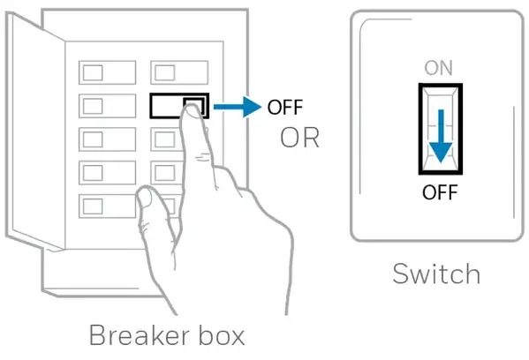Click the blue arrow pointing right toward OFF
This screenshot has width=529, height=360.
238,107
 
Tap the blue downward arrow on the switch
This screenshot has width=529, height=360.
441,136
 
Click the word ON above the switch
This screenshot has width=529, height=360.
439,68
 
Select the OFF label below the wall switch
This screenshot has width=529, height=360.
440,192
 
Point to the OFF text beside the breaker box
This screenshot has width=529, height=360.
285,107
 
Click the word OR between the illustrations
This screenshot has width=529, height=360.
299,138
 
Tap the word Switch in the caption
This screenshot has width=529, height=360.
436,274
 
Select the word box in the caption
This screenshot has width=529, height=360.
222,334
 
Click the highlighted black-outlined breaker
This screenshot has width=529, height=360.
179,106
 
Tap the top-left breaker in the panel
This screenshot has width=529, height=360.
107,72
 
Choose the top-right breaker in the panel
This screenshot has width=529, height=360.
179,72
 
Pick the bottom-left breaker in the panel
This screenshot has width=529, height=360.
107,206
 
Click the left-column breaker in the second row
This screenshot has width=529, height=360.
107,106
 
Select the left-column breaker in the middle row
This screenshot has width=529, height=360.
107,139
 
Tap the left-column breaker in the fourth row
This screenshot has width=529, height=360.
107,173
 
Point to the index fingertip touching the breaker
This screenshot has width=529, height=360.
192,110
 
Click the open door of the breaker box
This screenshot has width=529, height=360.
35,132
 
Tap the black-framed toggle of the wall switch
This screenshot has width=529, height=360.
441,129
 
